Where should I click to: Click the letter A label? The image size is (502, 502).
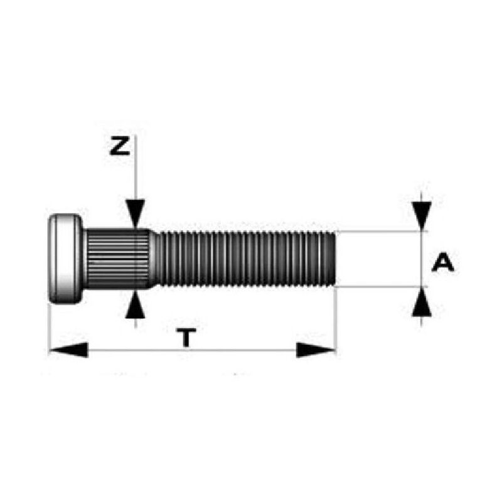[x=443, y=263]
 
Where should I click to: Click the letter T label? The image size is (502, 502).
[x=184, y=338]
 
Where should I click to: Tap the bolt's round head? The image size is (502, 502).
[x=65, y=259]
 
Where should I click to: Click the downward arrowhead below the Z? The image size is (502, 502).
[x=135, y=211]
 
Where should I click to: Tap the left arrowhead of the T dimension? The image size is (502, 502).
[x=68, y=350]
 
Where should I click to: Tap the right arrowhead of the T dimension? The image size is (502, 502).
[x=316, y=350]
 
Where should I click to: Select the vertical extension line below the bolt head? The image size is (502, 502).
[x=49, y=329]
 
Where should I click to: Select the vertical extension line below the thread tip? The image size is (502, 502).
[x=336, y=320]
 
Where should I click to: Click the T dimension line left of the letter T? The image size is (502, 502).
[x=125, y=350]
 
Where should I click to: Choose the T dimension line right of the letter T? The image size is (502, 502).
[x=251, y=350]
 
